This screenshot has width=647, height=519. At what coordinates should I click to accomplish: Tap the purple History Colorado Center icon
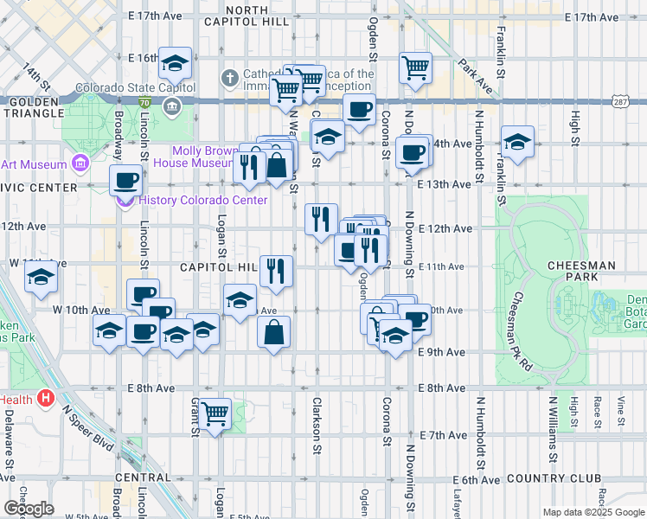[124, 201]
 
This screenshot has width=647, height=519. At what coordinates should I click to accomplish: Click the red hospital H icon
[47, 400]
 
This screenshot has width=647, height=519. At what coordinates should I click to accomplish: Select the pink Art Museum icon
[80, 163]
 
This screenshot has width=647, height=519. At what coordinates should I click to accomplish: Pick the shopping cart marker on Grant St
[215, 413]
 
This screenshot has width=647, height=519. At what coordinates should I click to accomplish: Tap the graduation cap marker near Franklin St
[517, 143]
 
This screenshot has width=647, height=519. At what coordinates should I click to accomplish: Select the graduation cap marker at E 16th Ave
[176, 63]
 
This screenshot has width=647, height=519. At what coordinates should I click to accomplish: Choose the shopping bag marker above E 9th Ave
[273, 332]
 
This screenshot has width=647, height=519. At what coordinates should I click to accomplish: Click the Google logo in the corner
[28, 509]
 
